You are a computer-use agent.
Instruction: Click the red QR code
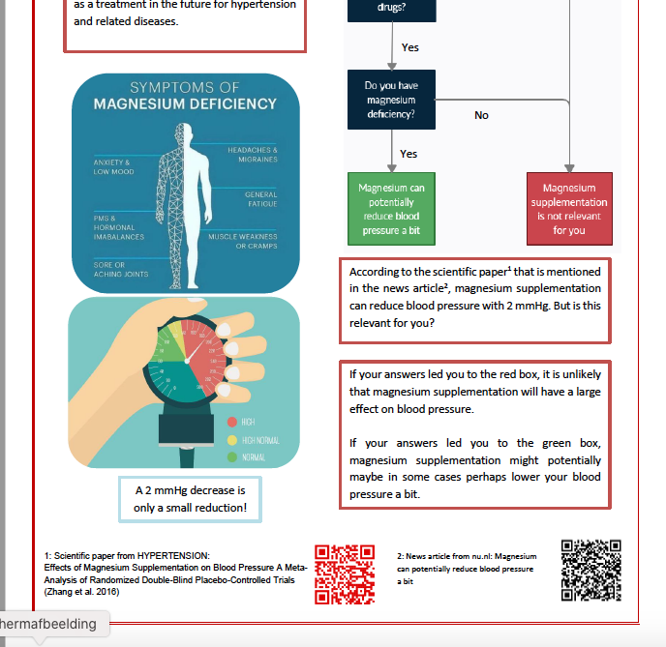pos(345,573)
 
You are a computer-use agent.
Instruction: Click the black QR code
pos(590,569)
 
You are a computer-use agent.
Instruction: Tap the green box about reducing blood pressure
pos(391,209)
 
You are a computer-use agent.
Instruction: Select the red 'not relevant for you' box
pos(569,209)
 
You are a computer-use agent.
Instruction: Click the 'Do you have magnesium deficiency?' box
pos(391,100)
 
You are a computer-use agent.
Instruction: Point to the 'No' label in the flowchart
pos(481,115)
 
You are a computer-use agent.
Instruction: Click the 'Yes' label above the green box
pos(409,154)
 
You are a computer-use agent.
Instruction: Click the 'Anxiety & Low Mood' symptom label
pos(114,166)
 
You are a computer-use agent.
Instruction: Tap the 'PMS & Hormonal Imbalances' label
pos(119,227)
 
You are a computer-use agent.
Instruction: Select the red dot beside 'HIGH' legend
pos(231,422)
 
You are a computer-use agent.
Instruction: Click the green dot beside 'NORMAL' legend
pos(231,456)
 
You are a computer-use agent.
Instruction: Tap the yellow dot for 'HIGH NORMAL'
pos(231,439)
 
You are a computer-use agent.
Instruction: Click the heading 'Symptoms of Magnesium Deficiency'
pos(184,96)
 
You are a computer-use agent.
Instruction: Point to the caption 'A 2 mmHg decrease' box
pos(190,498)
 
